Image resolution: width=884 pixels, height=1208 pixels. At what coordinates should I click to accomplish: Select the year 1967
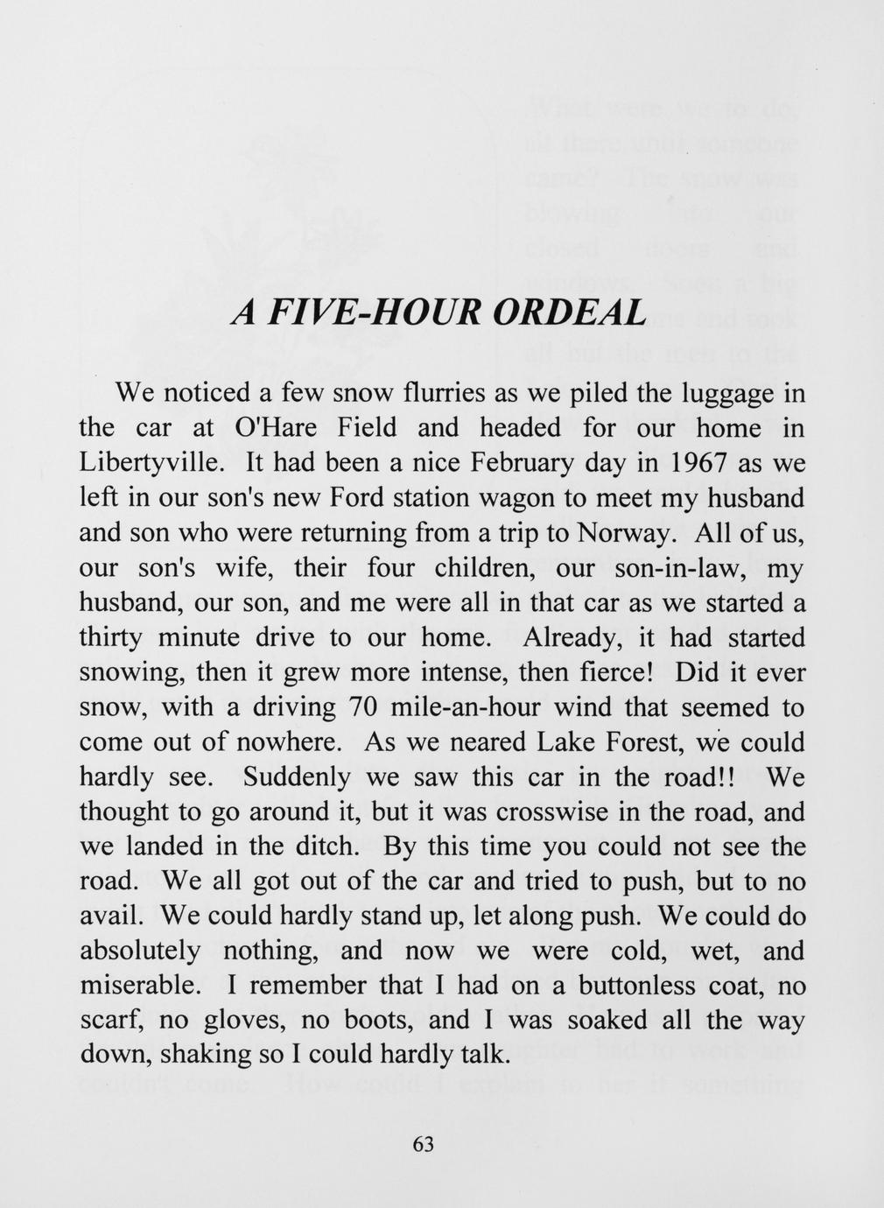(x=698, y=463)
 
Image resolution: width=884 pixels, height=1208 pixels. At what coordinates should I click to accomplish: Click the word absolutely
(x=140, y=952)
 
